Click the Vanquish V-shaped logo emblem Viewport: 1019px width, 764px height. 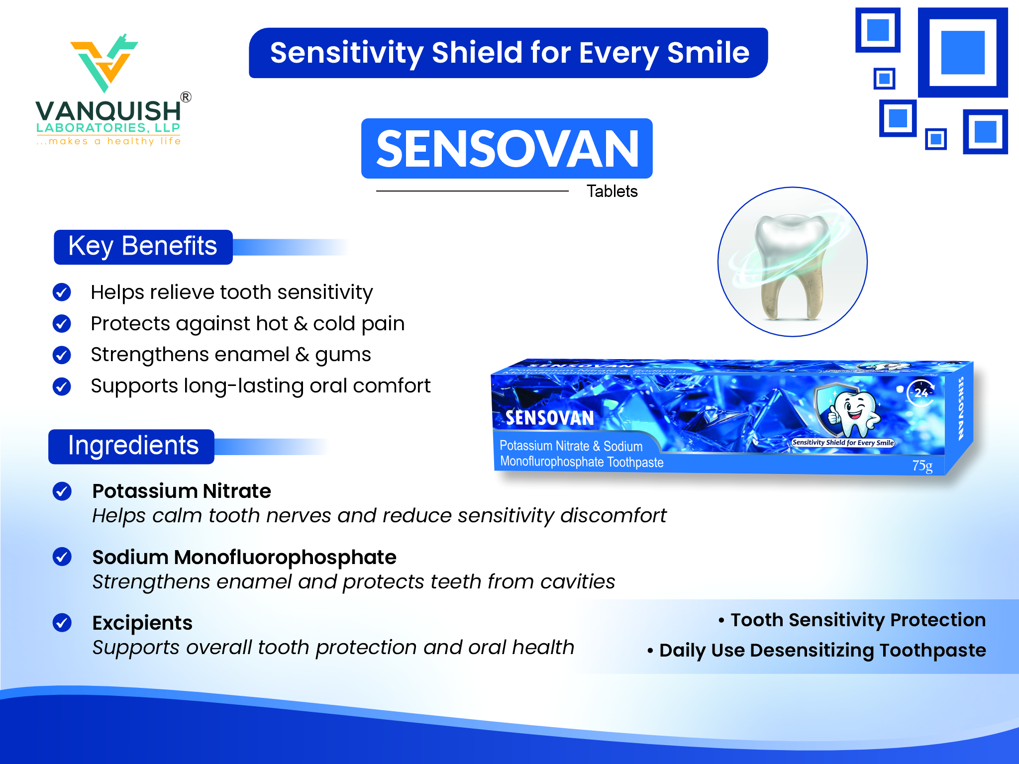point(104,63)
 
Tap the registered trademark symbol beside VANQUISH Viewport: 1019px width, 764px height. point(186,97)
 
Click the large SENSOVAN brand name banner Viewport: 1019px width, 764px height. point(507,148)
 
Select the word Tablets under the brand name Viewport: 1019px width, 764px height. point(612,191)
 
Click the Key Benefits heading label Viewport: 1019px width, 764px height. point(143,247)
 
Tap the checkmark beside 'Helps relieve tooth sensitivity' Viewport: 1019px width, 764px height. point(62,292)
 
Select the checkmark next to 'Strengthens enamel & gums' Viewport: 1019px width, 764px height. point(62,355)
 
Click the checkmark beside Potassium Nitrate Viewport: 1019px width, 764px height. point(62,491)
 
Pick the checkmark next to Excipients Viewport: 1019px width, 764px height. point(62,622)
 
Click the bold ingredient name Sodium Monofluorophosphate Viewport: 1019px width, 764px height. point(244,557)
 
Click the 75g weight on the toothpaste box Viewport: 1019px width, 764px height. point(922,466)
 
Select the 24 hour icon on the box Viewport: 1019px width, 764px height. point(921,393)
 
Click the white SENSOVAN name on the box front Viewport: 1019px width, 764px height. point(550,418)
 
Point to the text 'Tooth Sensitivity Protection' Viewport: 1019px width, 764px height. point(858,620)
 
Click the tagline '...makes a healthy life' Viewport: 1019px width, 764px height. point(108,141)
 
